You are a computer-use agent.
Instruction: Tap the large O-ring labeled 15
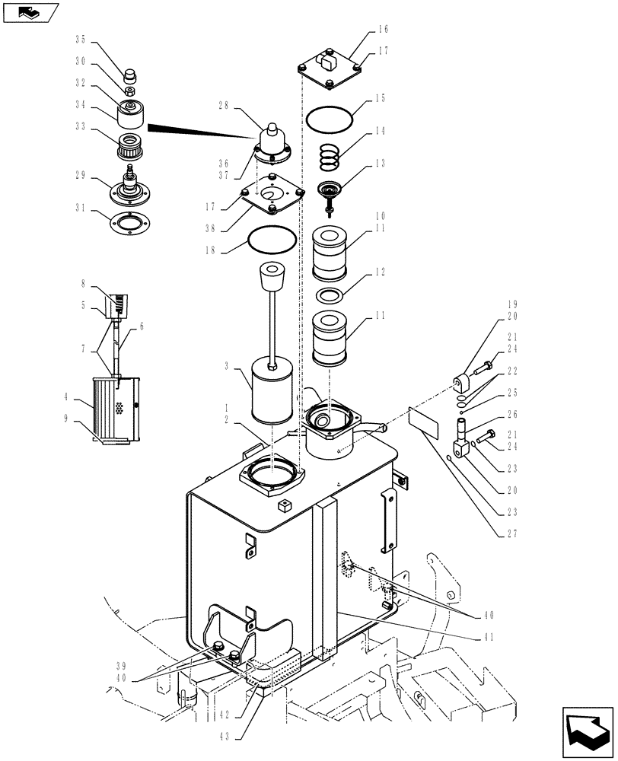tap(330, 119)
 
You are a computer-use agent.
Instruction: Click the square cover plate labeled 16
tap(330, 65)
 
